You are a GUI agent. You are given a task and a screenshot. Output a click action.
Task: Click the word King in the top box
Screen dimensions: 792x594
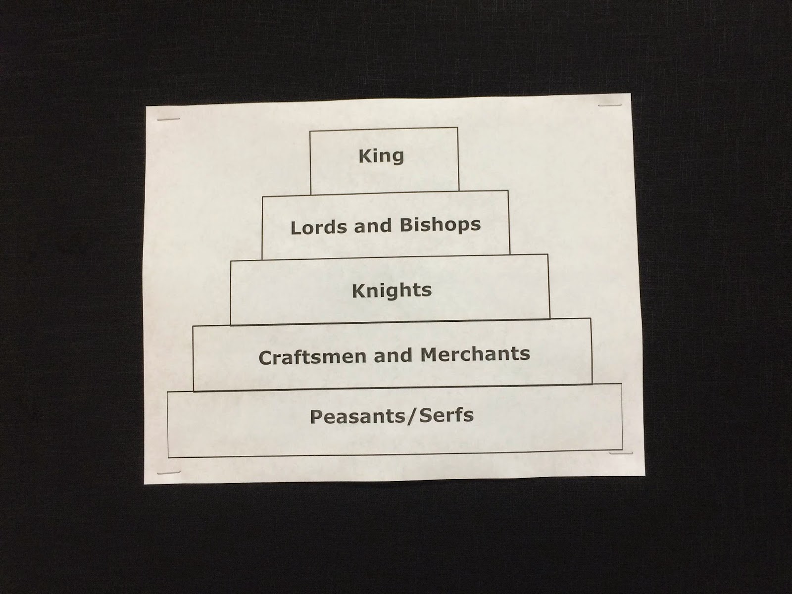pyautogui.click(x=381, y=156)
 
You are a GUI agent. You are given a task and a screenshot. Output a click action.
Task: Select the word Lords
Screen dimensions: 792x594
pyautogui.click(x=319, y=227)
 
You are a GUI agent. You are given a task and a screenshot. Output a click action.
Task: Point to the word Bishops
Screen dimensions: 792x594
pyautogui.click(x=440, y=225)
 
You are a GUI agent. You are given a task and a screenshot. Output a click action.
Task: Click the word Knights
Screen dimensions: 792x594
pyautogui.click(x=392, y=291)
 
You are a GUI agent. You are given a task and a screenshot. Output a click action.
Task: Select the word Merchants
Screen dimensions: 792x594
pyautogui.click(x=475, y=354)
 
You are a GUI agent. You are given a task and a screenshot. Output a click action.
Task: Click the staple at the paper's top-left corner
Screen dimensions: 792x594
pyautogui.click(x=168, y=120)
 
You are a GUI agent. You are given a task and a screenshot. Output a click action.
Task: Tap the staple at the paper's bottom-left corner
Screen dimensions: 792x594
pyautogui.click(x=168, y=473)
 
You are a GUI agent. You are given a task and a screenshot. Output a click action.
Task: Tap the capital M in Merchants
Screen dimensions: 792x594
pyautogui.click(x=429, y=354)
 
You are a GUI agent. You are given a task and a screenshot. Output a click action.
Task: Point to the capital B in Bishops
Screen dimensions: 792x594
pyautogui.click(x=406, y=226)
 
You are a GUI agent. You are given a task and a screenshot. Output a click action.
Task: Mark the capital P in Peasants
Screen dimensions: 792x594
pyautogui.click(x=316, y=417)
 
